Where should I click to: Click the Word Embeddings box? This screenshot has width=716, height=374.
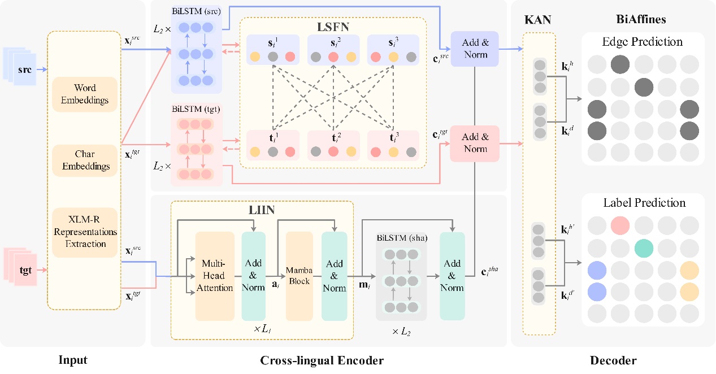click(x=85, y=94)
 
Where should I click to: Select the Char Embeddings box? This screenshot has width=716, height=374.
click(x=85, y=160)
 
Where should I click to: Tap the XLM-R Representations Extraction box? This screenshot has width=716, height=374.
click(x=85, y=232)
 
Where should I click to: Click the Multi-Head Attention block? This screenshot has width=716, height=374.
click(x=215, y=276)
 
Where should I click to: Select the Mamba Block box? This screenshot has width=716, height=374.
click(x=299, y=276)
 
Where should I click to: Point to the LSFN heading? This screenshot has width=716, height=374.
click(x=332, y=27)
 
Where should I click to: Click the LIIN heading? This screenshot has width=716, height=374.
click(x=263, y=211)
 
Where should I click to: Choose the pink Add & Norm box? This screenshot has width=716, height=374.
click(x=475, y=143)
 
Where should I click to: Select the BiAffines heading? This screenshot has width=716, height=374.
click(x=641, y=20)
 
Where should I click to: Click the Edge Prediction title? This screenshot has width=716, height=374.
click(x=643, y=42)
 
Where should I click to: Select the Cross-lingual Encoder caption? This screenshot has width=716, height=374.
click(x=322, y=360)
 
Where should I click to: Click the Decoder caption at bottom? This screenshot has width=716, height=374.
click(x=613, y=360)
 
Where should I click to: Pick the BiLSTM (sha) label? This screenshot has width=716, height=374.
click(x=401, y=237)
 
